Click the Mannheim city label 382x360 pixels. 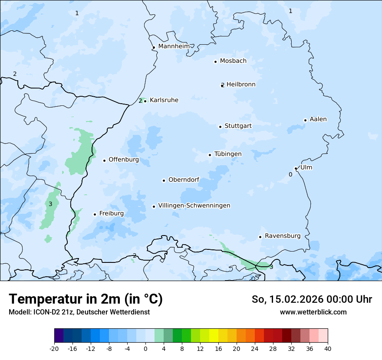click(x=174, y=46)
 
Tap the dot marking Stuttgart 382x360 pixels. click(x=220, y=127)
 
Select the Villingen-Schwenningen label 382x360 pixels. click(x=194, y=206)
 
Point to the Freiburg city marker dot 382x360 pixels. click(x=95, y=214)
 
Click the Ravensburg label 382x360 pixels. click(x=283, y=236)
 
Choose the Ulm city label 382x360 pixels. click(x=306, y=167)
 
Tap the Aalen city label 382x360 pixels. click(x=318, y=119)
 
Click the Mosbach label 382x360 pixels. click(x=233, y=61)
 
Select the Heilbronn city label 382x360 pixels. click(x=241, y=85)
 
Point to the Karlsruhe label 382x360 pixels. click(x=164, y=100)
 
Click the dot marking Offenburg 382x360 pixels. click(x=104, y=160)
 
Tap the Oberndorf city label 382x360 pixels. click(x=184, y=180)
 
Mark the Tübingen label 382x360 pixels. click(x=228, y=154)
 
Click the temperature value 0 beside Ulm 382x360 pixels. click(x=290, y=174)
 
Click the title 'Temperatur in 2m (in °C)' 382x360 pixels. click(x=86, y=299)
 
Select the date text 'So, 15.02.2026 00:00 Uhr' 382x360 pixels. click(x=312, y=299)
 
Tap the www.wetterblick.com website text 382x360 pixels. click(x=313, y=312)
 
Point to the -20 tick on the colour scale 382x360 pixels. click(x=54, y=349)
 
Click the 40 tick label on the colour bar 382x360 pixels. click(x=328, y=349)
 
